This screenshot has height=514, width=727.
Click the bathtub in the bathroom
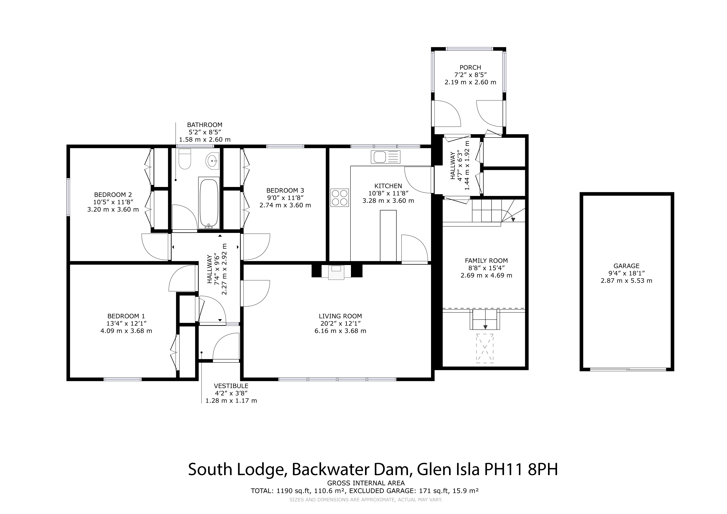coord(209,203)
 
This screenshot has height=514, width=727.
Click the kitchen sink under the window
coord(386,157)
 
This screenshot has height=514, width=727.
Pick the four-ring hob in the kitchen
coord(340,198)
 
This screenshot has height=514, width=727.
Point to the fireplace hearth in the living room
coord(336,272)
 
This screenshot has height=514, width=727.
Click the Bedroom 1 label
coord(126,316)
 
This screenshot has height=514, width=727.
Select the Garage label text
coord(626,266)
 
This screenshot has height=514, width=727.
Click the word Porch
coord(470,68)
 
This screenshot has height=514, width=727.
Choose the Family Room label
coord(486,261)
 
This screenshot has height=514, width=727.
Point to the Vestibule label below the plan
coord(231,386)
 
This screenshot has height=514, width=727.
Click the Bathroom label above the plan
coord(205,125)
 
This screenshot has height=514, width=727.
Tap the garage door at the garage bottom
coord(628,369)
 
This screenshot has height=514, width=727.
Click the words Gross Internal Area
coord(366,492)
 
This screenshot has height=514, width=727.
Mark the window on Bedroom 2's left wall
coord(68,197)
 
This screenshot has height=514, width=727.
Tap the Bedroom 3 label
coord(285,190)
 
